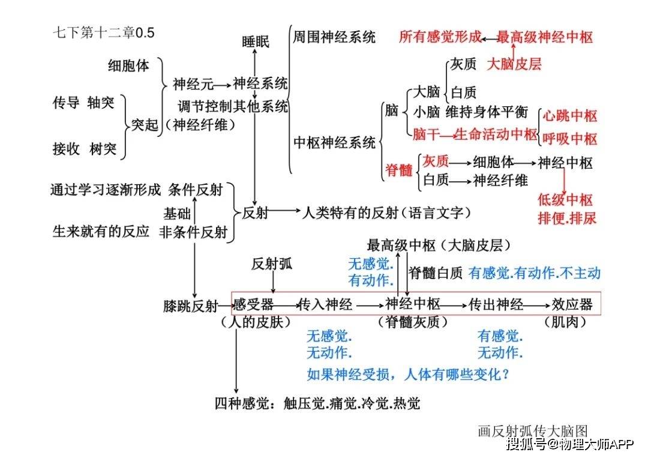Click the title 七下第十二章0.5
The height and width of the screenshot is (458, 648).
(103, 32)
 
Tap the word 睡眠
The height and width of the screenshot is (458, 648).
(256, 41)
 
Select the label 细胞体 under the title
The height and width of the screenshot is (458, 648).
(128, 65)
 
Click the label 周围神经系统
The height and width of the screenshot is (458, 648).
(334, 37)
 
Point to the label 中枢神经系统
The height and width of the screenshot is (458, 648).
(334, 143)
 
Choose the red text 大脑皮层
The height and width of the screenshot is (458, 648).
(514, 64)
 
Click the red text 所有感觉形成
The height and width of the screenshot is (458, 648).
(440, 37)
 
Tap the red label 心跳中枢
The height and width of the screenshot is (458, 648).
(570, 116)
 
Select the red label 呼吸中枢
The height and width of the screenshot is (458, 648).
(570, 139)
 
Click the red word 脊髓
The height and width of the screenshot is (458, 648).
(399, 169)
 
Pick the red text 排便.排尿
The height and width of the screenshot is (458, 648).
(567, 218)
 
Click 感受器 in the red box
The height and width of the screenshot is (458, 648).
(253, 305)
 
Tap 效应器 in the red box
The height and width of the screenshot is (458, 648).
(572, 305)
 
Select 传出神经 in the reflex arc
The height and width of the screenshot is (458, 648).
(496, 305)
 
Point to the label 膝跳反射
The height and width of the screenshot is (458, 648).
(191, 306)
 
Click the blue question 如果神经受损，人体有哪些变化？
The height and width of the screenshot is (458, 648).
(409, 375)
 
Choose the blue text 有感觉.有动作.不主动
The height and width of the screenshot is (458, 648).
(535, 273)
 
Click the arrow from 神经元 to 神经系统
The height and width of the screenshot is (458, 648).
(223, 86)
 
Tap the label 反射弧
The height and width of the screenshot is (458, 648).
(272, 264)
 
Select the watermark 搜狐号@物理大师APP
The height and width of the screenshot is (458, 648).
(571, 444)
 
